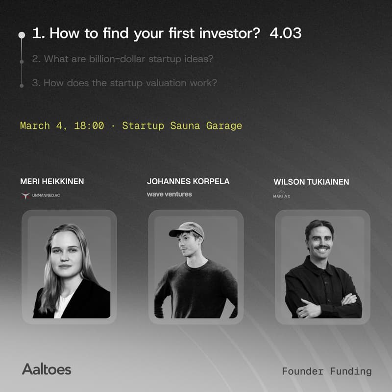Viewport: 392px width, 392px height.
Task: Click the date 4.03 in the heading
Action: point(285,33)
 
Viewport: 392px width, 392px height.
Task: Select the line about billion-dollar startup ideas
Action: point(122,59)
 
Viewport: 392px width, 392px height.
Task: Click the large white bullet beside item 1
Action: point(22,35)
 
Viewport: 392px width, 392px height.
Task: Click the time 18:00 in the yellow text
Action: point(89,125)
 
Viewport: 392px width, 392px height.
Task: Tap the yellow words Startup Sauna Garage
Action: point(182,125)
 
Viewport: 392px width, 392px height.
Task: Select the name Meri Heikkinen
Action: point(52,181)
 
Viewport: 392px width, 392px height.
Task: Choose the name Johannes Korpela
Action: point(188,181)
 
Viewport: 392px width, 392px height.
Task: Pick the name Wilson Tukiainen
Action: point(311,182)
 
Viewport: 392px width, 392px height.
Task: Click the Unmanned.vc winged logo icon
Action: point(25,196)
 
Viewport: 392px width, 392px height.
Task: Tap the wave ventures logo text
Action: point(169,194)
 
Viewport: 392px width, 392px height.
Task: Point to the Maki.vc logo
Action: point(282,195)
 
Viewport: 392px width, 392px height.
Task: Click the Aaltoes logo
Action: point(47,369)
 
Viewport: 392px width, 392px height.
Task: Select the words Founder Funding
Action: point(327,371)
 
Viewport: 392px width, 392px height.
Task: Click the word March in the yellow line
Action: point(35,125)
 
